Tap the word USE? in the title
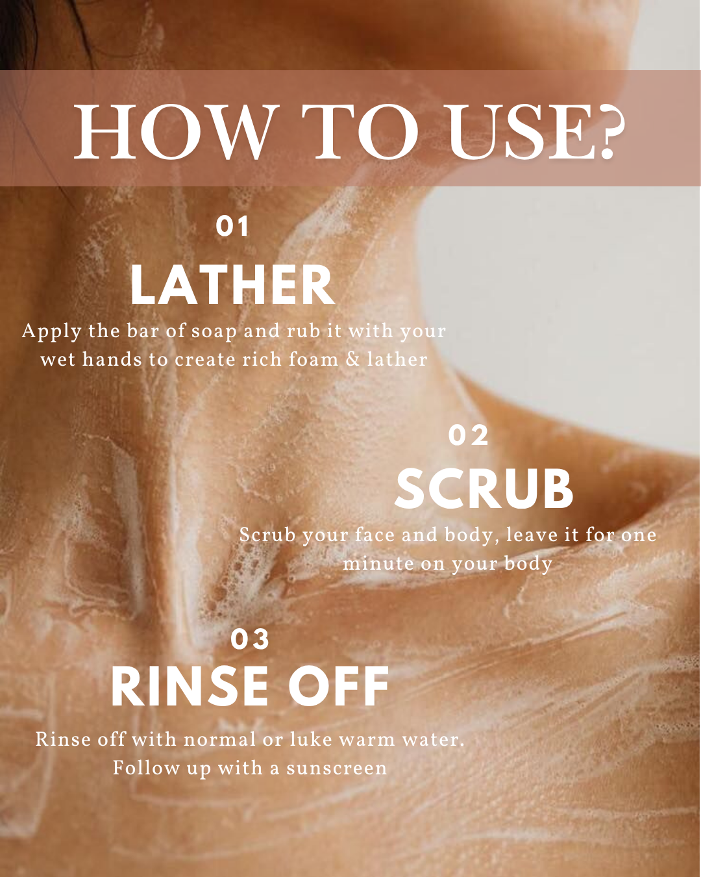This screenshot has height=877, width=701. pos(536,133)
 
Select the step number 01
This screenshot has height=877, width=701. pos(232,227)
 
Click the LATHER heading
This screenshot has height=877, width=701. pos(232,286)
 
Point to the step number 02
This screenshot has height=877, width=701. pos(469,435)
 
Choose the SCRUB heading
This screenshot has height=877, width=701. pos(484,489)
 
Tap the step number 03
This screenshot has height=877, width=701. pos(251,639)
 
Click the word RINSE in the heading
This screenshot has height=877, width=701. pos(189,687)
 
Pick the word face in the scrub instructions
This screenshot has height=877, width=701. pos(375,535)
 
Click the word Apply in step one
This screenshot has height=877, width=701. pos(52,332)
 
